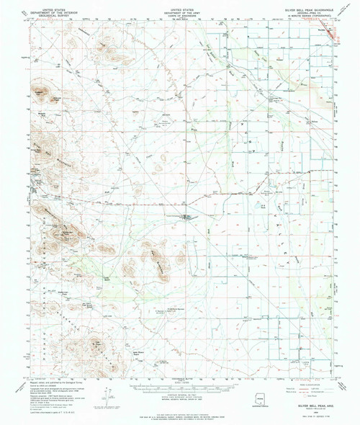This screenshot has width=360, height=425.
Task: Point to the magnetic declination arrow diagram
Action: point(108,396)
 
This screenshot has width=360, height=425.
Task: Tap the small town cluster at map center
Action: point(188,217)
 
